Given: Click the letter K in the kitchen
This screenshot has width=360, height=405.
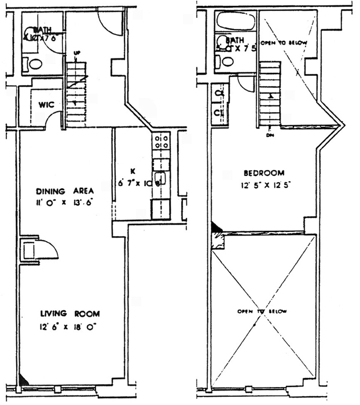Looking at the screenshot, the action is tap(133, 171).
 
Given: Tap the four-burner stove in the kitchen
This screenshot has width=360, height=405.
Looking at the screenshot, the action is tap(161, 142).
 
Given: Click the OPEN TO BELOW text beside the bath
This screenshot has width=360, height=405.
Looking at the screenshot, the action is tap(283, 43).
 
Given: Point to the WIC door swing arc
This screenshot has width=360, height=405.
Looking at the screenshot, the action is tap(53, 119).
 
